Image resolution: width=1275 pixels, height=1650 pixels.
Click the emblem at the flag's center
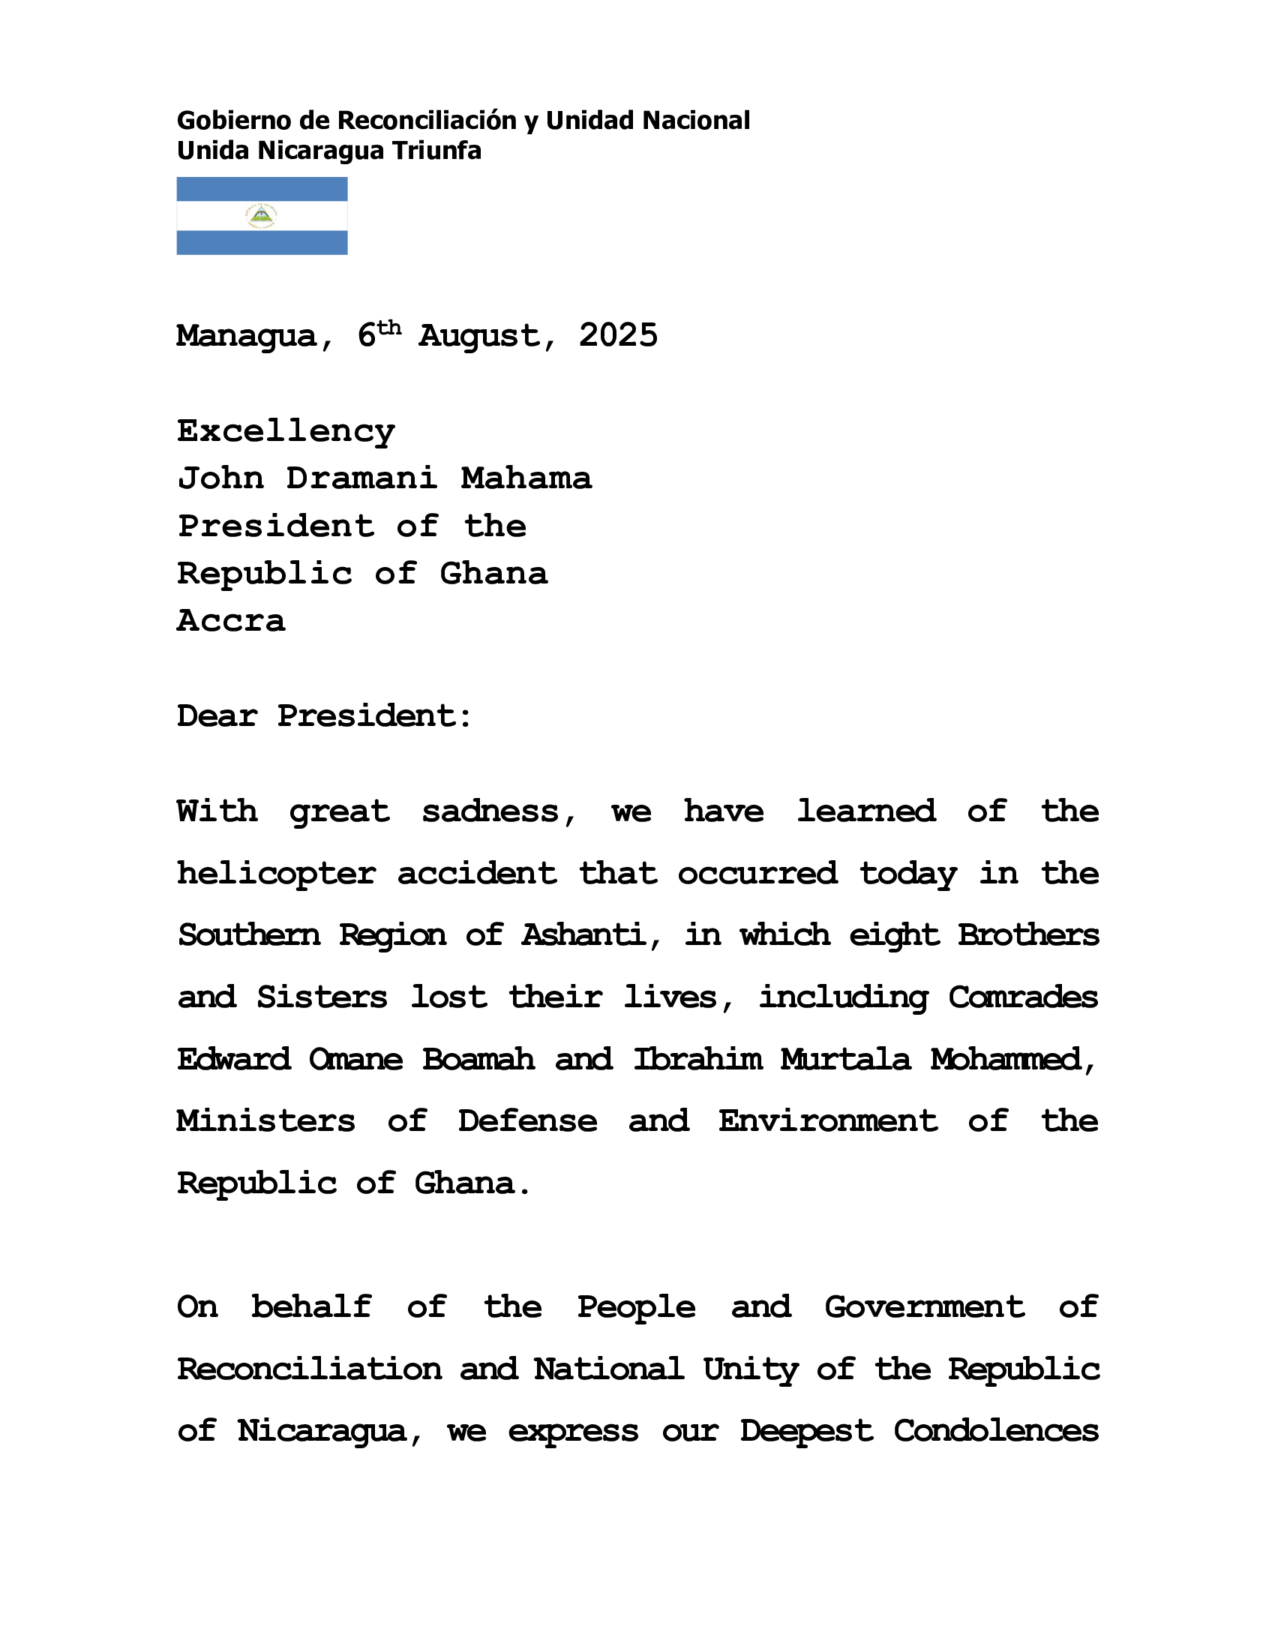point(261,216)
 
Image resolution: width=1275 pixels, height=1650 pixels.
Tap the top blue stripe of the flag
point(261,189)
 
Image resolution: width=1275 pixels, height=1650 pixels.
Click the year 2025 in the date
point(618,335)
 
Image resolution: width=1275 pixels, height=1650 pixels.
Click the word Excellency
point(286,431)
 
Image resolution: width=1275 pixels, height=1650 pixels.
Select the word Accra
point(231,621)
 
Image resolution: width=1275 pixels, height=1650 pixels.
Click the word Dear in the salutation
point(217,716)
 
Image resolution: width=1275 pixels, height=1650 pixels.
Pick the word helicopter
point(277,874)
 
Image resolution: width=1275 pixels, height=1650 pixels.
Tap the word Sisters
point(322,998)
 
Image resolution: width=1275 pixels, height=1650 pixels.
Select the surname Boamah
point(478,1060)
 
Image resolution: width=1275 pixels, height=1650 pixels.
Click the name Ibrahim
point(697,1060)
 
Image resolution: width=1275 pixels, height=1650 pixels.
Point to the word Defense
point(527,1122)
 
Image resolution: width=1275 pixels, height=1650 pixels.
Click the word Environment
point(828,1122)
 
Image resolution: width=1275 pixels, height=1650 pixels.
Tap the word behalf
point(311,1308)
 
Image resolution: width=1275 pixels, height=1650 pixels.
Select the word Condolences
point(995,1432)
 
